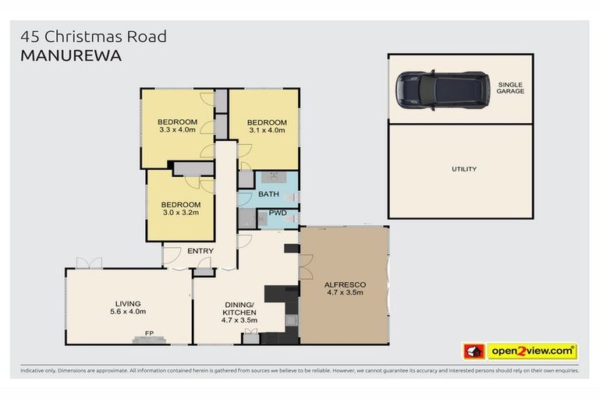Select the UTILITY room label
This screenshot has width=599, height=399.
463,169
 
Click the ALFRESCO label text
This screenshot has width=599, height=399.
345,285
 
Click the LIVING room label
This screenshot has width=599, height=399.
128,303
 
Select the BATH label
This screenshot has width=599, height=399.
268,193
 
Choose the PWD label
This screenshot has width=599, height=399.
278,213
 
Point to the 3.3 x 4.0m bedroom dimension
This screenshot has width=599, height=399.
177,130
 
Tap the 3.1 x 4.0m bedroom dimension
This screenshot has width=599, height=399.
267,131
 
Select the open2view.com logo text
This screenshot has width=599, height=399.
533,351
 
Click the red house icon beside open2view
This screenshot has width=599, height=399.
473,351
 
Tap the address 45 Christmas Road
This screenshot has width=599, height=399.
94,37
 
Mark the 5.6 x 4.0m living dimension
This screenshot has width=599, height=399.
128,312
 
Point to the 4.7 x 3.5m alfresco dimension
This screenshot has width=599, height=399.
345,295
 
